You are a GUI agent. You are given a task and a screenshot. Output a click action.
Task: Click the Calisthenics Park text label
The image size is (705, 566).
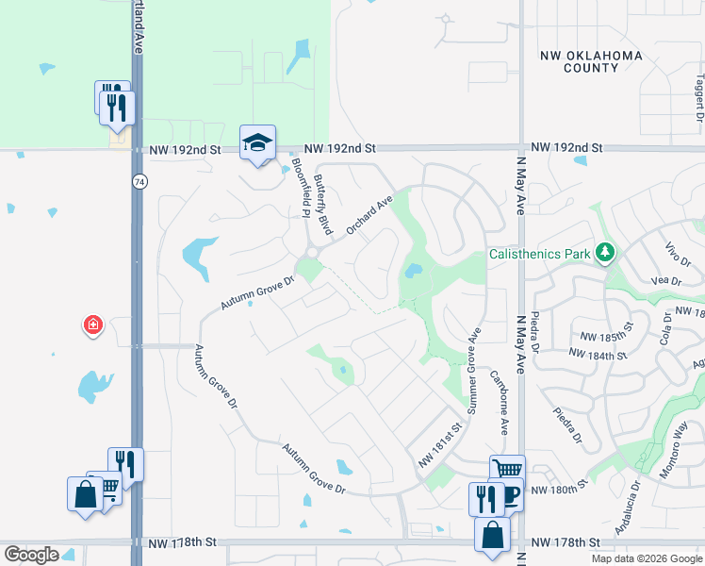[539, 254]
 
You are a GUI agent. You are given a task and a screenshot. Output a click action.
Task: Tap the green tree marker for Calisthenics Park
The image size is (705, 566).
[605, 253]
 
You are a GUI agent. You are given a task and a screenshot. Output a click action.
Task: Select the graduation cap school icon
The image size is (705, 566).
[257, 142]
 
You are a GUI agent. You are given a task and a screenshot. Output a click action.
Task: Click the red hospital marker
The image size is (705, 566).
[93, 326]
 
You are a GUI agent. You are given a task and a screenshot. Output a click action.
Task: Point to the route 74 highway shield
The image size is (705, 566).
[139, 181]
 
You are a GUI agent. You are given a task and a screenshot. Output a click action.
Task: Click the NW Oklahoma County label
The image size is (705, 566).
[591, 61]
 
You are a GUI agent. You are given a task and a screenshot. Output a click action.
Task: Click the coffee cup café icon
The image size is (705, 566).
[510, 496]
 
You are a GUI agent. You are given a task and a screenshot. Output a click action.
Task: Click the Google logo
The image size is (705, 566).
[31, 555]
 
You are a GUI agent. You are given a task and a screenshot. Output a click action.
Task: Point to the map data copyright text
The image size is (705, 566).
[647, 558]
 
